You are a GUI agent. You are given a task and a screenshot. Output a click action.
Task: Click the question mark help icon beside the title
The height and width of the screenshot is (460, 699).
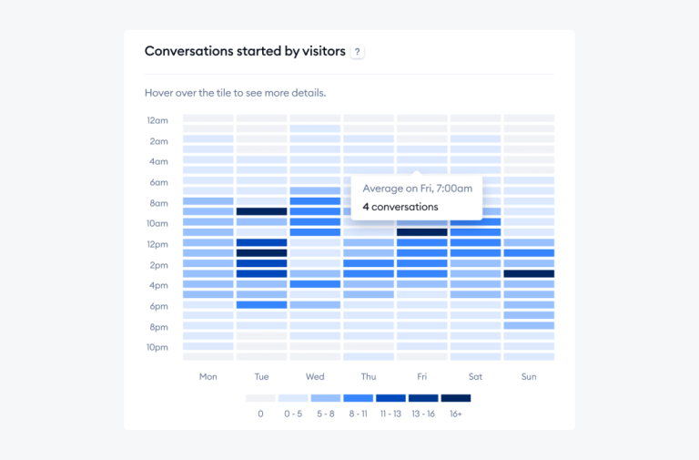357,52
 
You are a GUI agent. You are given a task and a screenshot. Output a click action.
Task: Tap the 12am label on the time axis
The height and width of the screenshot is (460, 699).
157,120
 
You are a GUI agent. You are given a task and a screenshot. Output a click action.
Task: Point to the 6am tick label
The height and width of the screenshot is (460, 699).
158,182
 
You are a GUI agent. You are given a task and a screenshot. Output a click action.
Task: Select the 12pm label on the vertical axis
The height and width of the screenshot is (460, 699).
157,244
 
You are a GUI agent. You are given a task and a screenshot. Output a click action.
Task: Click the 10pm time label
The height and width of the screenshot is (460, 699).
157,347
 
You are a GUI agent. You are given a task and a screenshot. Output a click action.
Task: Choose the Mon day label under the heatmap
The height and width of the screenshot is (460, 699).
208,376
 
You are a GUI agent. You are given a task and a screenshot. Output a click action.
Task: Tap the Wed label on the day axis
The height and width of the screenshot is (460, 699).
315,376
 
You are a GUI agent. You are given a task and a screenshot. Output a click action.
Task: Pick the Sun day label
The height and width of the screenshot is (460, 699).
529,376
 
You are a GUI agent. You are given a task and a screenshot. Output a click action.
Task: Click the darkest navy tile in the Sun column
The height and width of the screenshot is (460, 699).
529,273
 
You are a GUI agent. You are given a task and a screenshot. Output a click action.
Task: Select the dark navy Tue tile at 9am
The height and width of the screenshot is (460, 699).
261,211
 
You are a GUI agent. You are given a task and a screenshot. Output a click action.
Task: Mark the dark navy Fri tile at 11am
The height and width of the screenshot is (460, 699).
421,232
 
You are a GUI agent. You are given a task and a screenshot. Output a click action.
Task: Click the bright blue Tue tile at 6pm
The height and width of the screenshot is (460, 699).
261,304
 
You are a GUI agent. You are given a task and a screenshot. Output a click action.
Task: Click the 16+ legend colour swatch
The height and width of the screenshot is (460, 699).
456,398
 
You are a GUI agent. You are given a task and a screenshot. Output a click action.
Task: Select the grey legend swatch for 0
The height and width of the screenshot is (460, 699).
260,398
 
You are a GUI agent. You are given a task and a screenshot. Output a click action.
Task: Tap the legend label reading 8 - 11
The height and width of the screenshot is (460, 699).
358,414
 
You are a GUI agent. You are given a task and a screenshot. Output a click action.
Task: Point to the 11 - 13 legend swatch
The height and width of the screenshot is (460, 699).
390,398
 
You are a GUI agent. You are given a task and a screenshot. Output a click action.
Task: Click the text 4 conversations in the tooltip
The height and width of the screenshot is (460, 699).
400,207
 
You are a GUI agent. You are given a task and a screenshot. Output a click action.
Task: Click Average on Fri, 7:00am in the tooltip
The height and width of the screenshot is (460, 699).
417,189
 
